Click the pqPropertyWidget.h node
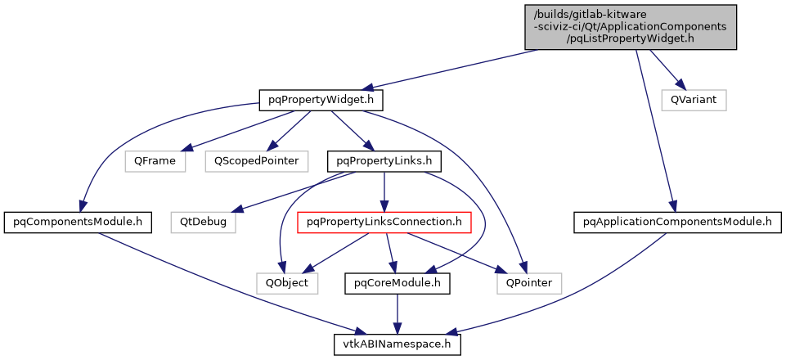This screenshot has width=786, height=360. tap(321, 100)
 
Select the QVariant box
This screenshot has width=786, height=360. tap(694, 100)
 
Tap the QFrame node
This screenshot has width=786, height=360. tap(155, 160)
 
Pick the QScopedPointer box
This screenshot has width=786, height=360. tap(256, 160)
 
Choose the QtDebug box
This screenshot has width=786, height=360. tap(203, 221)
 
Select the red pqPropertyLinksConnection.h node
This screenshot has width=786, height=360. tap(384, 221)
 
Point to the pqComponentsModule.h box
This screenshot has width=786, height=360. tap(74, 221)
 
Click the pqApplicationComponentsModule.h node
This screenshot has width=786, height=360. tap(672, 221)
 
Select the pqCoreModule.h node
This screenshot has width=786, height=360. tap(397, 283)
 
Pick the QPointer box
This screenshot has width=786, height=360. tap(528, 283)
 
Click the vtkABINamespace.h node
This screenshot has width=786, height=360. tap(397, 344)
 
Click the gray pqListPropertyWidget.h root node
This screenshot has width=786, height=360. tap(630, 26)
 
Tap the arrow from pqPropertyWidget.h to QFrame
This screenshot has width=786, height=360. tap(245, 132)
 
